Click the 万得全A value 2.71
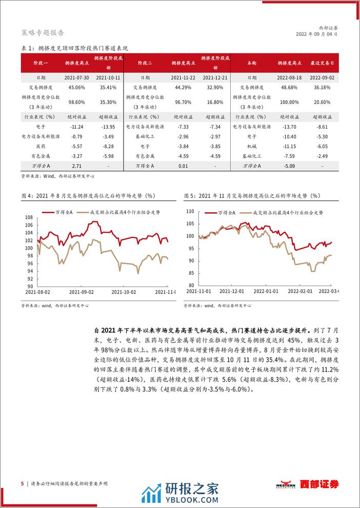[x=77, y=166]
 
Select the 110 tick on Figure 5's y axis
[x=190, y=212]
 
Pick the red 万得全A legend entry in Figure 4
[x=59, y=212]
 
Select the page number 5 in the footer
[x=22, y=483]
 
